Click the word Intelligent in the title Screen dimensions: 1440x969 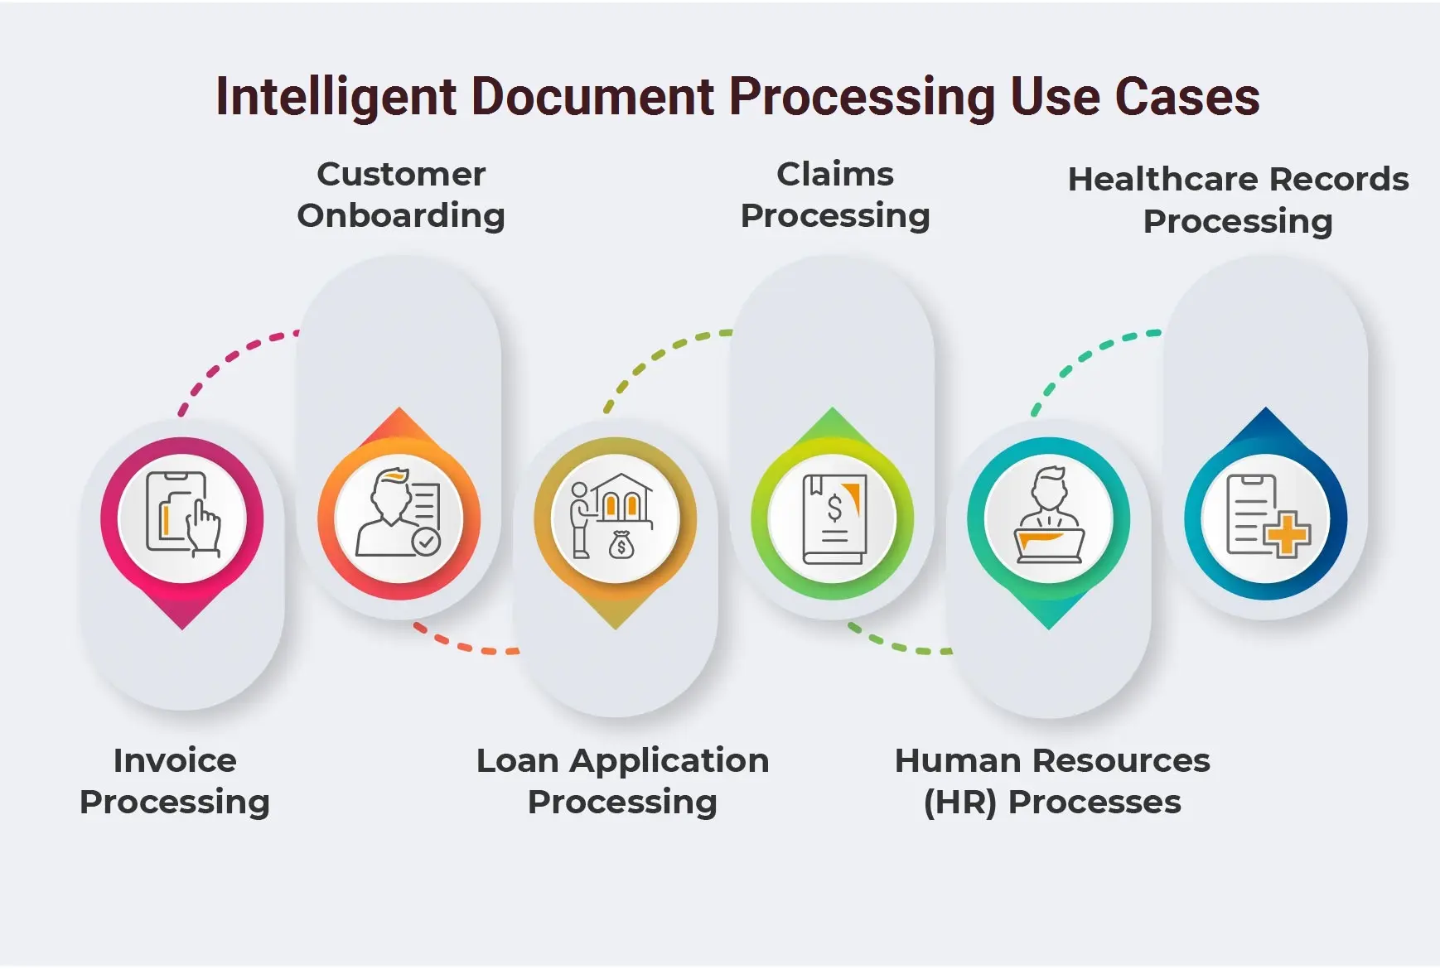tap(336, 98)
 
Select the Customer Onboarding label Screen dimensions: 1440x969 tap(401, 195)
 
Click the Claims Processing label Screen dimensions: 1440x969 tap(835, 195)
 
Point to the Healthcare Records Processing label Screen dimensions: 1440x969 tap(1238, 200)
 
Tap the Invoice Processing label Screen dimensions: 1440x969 tap(175, 781)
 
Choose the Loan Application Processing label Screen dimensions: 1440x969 tap(622, 781)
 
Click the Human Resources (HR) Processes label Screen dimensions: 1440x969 tap(1052, 781)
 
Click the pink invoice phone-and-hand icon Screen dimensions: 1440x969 tap(183, 514)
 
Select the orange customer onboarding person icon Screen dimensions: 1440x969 tap(399, 512)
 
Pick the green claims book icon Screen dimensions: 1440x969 tap(834, 519)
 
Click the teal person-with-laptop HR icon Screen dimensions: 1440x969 tap(1049, 514)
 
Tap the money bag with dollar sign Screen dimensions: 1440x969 tap(621, 545)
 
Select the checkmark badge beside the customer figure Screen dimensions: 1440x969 tap(427, 542)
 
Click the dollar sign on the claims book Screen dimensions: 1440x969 tap(834, 508)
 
